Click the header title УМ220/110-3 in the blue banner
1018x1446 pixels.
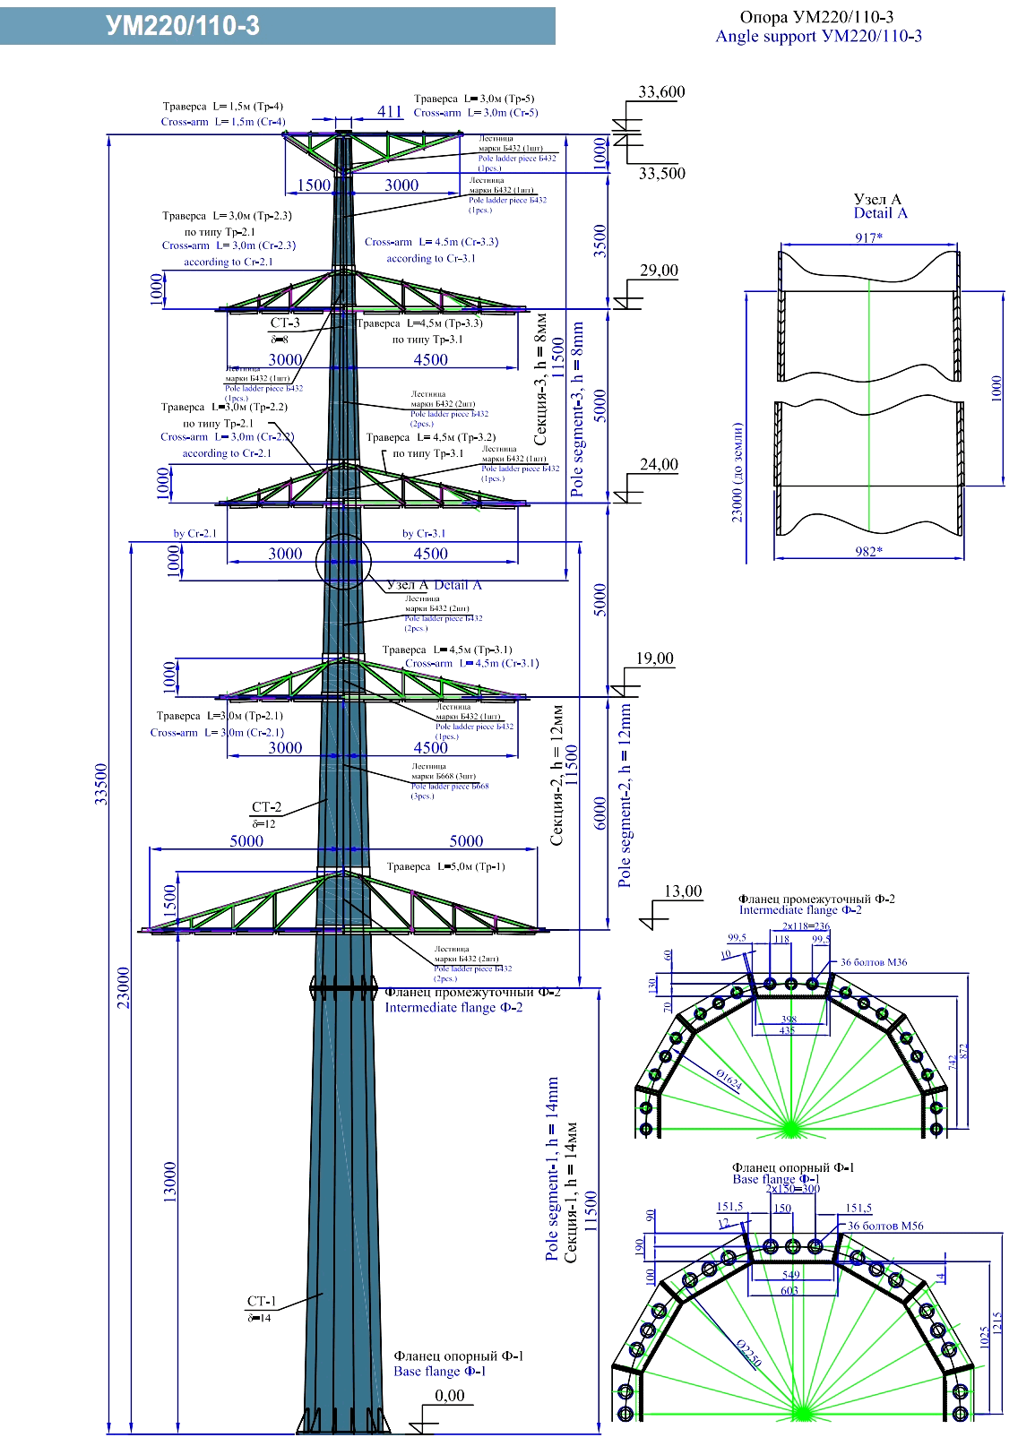coord(183,26)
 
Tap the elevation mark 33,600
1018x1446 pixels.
coord(661,92)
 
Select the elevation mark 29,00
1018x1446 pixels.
coord(659,271)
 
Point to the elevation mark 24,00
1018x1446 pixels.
coord(659,465)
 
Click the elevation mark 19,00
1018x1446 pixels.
coord(654,658)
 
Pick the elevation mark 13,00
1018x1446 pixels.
coord(683,891)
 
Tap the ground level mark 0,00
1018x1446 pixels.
coord(450,1395)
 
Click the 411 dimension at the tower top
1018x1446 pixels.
coord(390,111)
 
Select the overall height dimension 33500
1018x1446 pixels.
coord(101,784)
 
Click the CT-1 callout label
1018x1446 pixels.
coord(262,1301)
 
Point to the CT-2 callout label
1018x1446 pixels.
coord(266,807)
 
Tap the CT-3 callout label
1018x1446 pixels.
coord(285,323)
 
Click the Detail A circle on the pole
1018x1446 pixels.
coord(343,562)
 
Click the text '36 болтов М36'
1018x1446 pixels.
coord(873,962)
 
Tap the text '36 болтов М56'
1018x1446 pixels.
coord(885,1226)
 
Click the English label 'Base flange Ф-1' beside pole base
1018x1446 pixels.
coord(439,1371)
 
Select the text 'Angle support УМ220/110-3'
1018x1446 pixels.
coord(818,37)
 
